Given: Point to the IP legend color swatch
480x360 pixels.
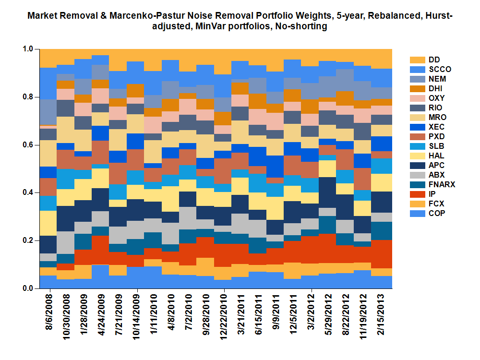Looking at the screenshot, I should [417, 194].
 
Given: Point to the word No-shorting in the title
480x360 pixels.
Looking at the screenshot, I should [300, 27].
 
